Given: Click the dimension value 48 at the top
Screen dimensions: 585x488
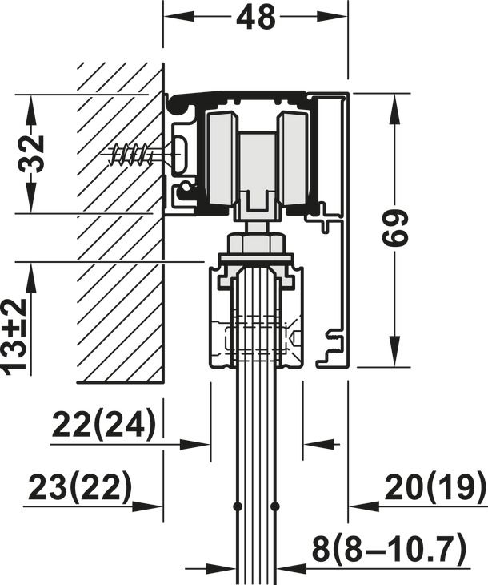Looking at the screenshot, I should point(256,17).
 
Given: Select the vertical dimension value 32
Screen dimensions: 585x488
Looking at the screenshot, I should point(31,154).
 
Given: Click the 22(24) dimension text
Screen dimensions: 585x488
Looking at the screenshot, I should point(104,425).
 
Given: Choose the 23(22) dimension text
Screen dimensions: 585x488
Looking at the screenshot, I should point(79,488).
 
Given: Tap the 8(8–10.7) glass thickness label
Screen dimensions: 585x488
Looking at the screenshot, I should point(389,550).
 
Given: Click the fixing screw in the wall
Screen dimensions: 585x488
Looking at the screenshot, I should point(132,153).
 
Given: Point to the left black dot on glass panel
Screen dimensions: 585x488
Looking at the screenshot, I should point(238,506).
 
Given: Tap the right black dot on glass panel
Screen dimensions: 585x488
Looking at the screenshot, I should point(274,506).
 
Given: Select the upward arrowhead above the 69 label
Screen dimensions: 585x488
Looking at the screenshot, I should point(394,104).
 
